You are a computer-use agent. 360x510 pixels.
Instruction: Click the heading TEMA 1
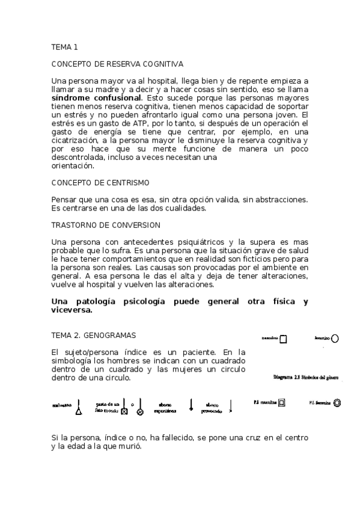pos(65,46)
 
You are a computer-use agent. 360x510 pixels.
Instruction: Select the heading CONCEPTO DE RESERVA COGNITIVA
pos(117,63)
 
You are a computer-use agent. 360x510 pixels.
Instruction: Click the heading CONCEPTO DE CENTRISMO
pos(100,182)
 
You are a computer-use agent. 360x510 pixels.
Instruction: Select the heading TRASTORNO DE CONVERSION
pos(106,225)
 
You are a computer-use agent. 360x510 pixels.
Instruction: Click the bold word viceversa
pos(72,310)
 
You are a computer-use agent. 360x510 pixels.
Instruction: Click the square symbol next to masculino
pos(284,339)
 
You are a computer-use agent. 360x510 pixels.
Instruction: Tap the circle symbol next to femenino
pos(335,339)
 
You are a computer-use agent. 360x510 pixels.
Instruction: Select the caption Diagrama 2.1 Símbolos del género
pos(305,378)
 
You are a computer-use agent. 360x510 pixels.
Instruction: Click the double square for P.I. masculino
pos(281,402)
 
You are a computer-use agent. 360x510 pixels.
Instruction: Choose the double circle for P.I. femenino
pos(338,402)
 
